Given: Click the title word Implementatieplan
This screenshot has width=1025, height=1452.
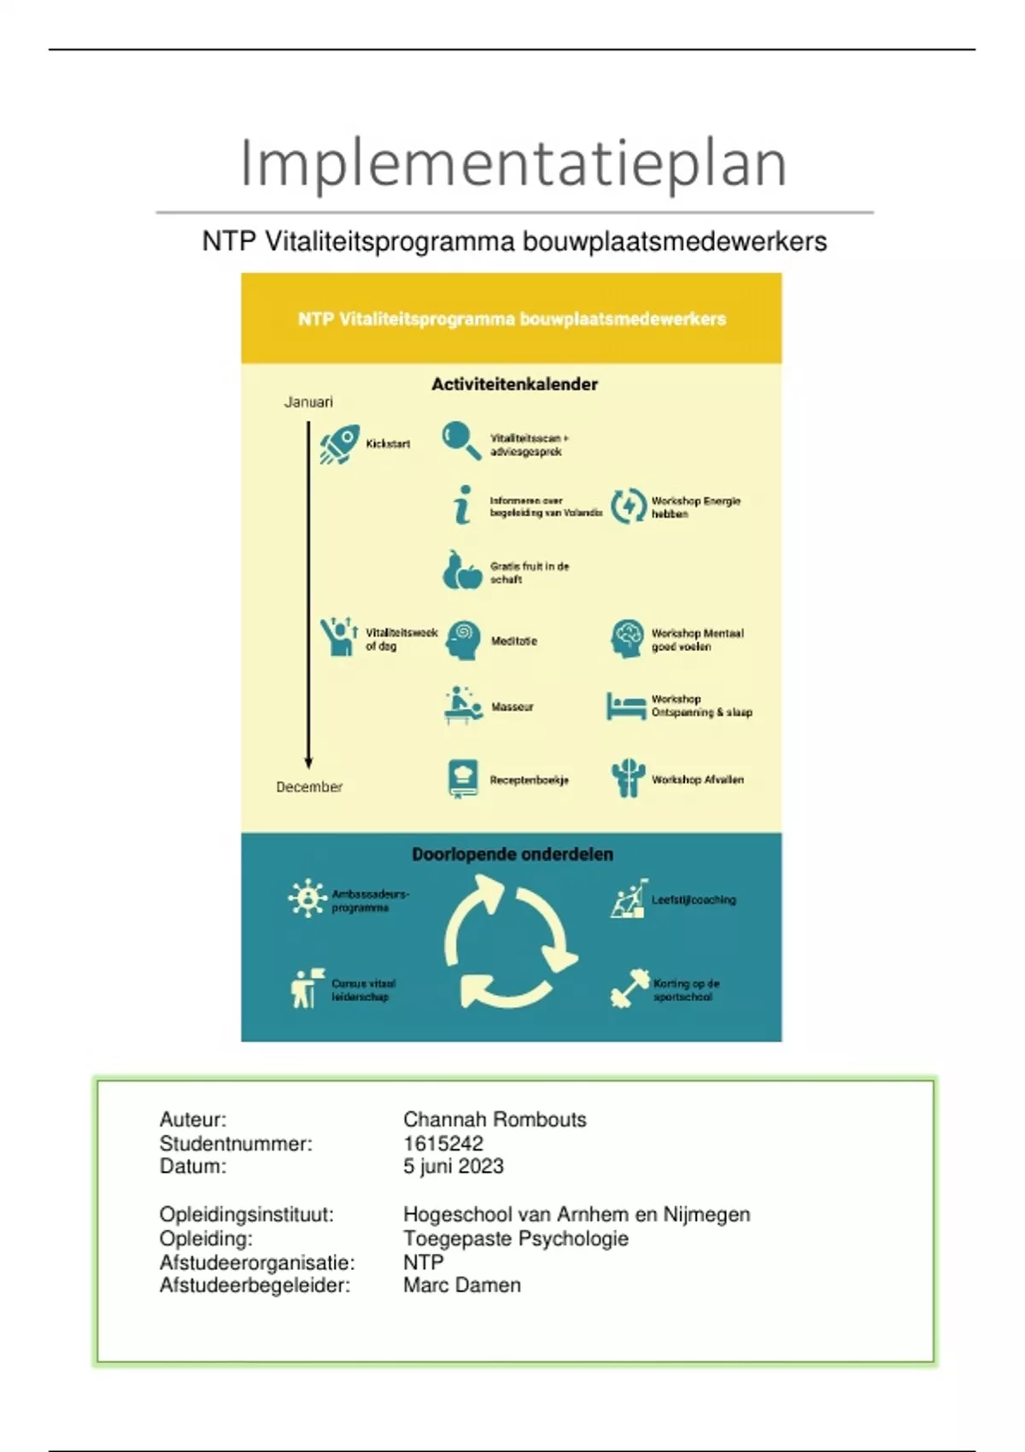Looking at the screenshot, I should (512, 162).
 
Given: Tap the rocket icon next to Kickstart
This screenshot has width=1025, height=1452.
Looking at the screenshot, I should (339, 444).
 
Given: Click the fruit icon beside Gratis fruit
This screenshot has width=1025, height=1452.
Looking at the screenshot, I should (462, 571).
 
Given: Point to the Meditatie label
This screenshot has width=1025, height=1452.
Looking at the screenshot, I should (513, 641).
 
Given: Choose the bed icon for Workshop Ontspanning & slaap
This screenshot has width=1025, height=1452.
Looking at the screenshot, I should (626, 706).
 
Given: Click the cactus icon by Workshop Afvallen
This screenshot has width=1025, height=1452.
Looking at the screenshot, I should (628, 778).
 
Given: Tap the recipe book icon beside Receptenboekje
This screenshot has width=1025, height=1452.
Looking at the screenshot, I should (463, 778).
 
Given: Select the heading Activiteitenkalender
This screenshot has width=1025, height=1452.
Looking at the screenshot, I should (514, 384).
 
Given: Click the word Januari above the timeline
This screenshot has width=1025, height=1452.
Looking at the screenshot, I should (308, 402).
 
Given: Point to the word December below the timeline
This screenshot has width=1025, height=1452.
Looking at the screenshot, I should (309, 787).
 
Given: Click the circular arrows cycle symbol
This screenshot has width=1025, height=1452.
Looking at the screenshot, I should (510, 945).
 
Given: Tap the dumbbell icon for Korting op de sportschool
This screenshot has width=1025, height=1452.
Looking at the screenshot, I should (630, 989).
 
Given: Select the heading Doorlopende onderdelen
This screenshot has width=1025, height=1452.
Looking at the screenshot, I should (512, 854).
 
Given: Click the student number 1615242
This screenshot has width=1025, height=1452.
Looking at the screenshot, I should (443, 1143).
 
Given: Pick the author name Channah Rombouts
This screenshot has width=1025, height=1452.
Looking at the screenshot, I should (495, 1119).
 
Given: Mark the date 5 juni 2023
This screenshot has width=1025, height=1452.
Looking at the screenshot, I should (454, 1166).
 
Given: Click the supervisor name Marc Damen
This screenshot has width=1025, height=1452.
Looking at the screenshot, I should (461, 1285).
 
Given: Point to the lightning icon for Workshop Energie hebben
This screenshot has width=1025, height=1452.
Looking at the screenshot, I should (629, 506).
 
